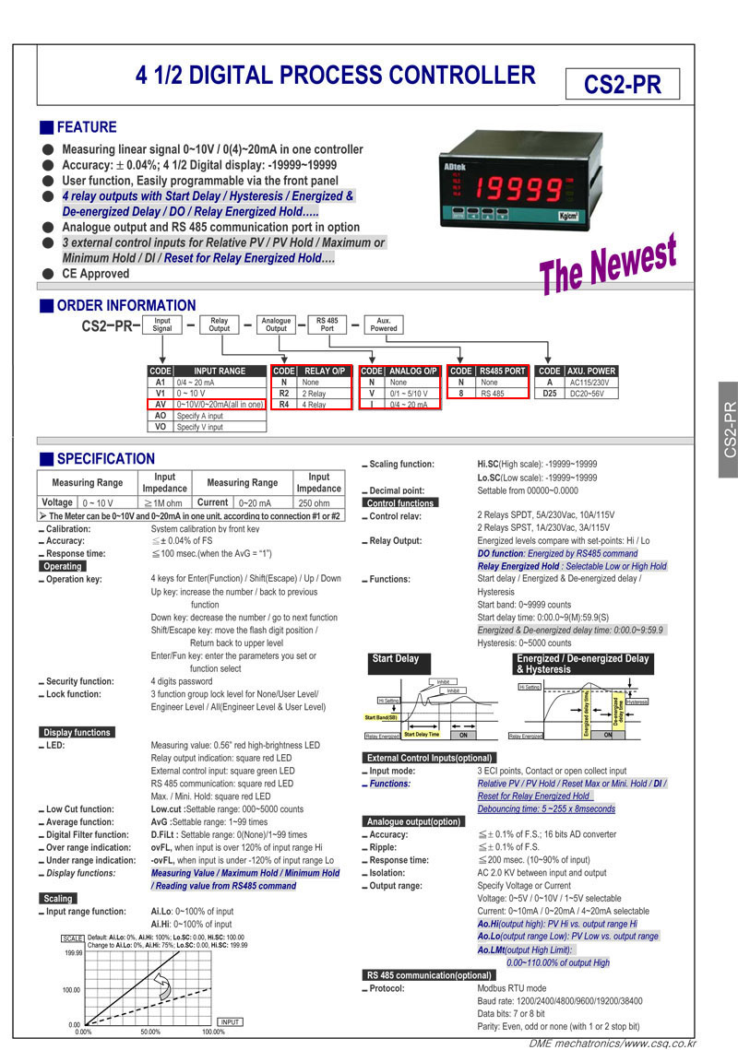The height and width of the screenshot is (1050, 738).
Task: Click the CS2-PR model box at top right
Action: click(x=623, y=85)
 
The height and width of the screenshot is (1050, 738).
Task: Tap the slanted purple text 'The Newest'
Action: click(x=608, y=262)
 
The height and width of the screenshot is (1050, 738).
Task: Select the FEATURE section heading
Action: click(x=86, y=127)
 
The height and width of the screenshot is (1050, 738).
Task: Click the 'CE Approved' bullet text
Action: click(x=95, y=274)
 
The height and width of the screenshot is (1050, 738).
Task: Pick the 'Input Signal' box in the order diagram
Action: click(x=162, y=324)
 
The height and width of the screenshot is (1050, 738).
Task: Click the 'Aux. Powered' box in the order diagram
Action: click(x=384, y=324)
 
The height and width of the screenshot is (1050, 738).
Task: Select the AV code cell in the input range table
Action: click(x=161, y=404)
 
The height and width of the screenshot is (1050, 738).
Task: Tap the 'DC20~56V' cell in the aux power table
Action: click(x=589, y=393)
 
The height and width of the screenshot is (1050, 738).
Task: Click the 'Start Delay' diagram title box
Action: click(x=395, y=659)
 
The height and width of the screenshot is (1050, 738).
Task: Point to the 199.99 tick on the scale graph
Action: click(x=72, y=953)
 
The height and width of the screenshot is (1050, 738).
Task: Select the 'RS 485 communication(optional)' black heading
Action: click(x=428, y=974)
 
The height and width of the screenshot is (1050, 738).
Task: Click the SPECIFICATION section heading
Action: click(x=105, y=458)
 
